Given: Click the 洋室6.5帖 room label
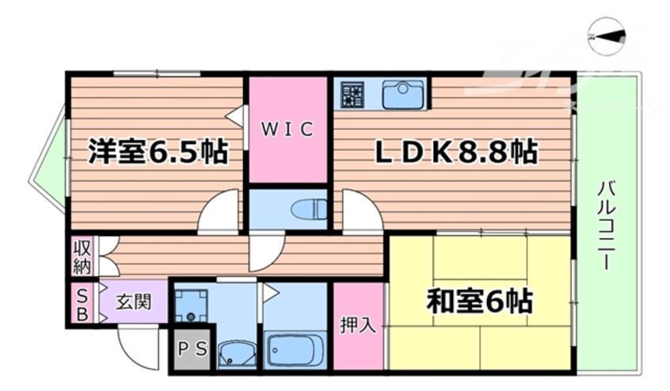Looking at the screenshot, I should tap(158, 150).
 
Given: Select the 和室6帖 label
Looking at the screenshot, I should tap(479, 301).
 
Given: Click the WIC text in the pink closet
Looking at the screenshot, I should tap(288, 128).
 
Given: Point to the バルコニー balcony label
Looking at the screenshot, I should tap(607, 226).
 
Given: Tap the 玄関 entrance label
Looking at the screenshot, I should tap(133, 302).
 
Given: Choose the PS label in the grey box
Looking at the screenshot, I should tap(189, 347).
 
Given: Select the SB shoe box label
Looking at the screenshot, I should tap(80, 302).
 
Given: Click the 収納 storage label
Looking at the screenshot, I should tap(82, 256).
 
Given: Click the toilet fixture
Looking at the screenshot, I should tap(309, 210).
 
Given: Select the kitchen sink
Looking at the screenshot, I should tap(404, 95).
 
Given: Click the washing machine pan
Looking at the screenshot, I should tap(191, 304).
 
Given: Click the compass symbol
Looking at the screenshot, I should tap(607, 36).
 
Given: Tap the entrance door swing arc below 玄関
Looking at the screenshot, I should tap(136, 348).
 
